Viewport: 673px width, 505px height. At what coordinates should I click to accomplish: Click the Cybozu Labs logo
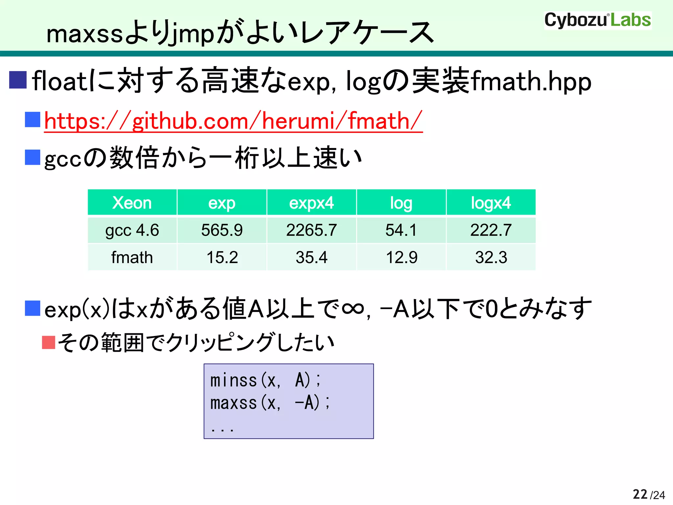pos(597,20)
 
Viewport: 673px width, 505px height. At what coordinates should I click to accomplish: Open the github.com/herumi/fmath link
pos(233,121)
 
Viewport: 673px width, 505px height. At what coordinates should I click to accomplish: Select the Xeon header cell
pos(132,203)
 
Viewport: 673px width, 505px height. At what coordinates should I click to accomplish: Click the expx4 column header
pos(312,203)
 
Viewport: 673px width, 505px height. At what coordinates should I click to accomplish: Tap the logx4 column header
pos(491,203)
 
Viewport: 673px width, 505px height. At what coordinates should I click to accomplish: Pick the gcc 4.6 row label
pos(132,230)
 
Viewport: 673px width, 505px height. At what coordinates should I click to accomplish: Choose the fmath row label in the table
pos(132,257)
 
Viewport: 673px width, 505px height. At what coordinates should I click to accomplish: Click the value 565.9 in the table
pos(222,230)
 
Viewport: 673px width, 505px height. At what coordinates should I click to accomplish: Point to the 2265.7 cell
pos(312,230)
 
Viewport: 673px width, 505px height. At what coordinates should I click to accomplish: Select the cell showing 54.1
pos(401,230)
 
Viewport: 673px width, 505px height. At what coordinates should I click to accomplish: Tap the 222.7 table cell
pos(491,230)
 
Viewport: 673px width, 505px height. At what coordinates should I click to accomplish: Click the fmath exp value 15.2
pos(222,257)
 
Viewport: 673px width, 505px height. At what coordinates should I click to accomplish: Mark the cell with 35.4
pos(312,257)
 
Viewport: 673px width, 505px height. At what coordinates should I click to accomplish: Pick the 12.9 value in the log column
pos(401,257)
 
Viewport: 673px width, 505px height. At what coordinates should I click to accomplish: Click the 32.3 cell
pos(491,257)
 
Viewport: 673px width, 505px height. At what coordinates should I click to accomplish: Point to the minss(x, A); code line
pos(266,380)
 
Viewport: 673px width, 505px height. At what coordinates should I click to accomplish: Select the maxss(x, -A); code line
pos(270,403)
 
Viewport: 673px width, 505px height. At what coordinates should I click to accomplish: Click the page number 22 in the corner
pos(640,494)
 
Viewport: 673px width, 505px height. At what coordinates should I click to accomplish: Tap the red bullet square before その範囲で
pos(49,342)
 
